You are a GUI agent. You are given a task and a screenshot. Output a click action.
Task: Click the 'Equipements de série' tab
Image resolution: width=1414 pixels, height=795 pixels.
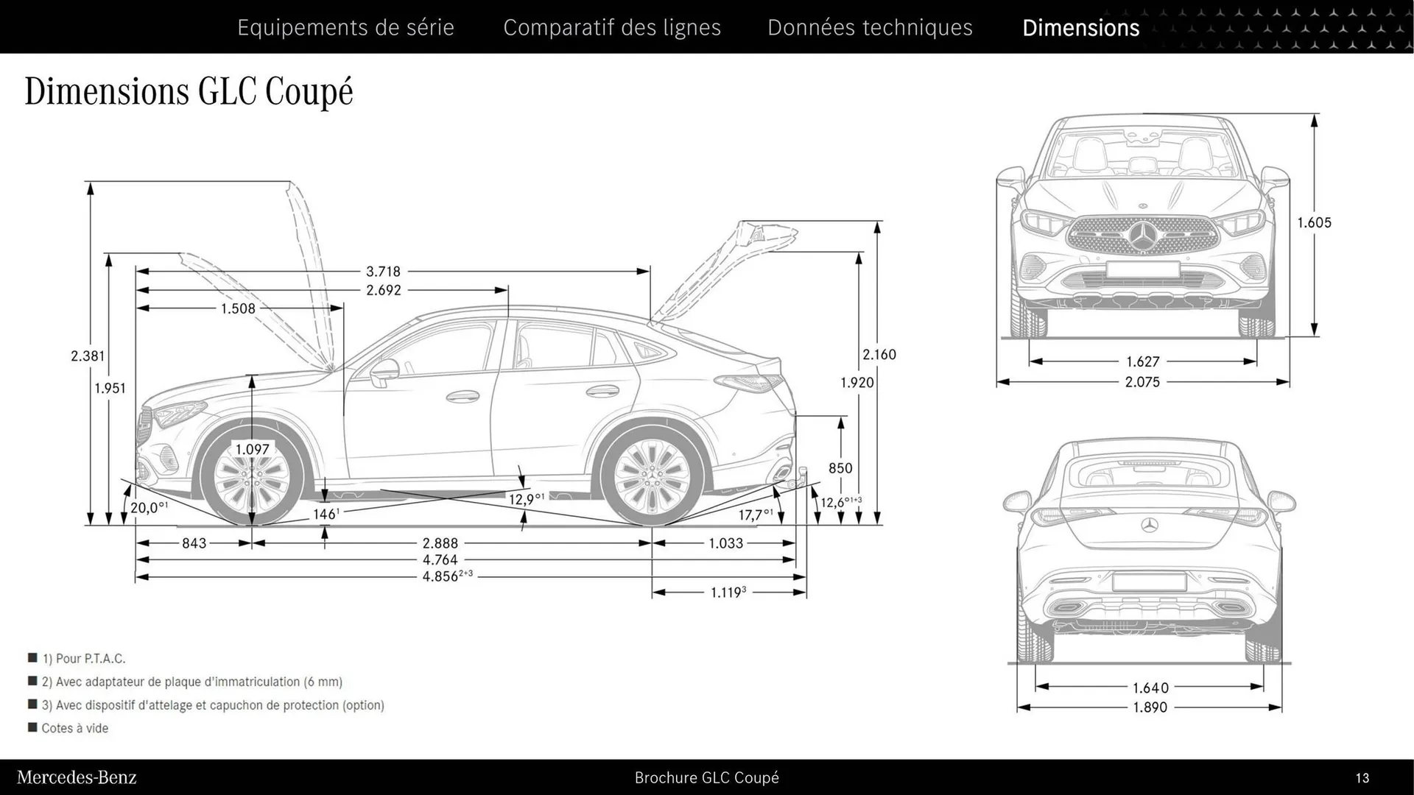coord(345,27)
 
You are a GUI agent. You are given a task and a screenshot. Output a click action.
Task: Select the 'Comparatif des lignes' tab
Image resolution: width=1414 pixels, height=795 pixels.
coord(612,27)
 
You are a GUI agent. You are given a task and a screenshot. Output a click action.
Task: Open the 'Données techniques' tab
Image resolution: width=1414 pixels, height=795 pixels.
coord(870,27)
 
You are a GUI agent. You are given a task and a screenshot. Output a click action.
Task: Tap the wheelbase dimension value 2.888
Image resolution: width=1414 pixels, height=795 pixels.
coord(440,543)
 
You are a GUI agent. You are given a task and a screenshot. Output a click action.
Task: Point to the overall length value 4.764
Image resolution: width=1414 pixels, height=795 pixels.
coord(440,560)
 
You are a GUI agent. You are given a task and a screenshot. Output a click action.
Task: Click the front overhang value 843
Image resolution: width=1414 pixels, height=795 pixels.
coord(194,543)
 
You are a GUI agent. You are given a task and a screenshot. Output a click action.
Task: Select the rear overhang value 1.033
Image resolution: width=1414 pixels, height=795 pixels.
coord(725,543)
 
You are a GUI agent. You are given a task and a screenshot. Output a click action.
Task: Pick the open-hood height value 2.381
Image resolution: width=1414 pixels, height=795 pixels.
coord(88,356)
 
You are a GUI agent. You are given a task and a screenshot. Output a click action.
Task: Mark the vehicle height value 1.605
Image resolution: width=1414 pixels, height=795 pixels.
coord(1314,222)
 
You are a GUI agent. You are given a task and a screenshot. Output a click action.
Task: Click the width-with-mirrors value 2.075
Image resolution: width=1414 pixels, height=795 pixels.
coord(1142,382)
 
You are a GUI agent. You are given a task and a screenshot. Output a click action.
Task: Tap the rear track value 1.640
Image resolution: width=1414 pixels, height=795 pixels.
coord(1150,688)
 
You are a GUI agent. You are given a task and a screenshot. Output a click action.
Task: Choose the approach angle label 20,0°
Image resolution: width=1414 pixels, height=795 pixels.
coord(149,507)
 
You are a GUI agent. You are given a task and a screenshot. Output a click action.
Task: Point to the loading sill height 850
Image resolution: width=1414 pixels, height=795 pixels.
coord(840,468)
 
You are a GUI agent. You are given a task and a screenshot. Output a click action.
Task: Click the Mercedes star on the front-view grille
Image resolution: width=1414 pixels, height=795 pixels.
coord(1143,236)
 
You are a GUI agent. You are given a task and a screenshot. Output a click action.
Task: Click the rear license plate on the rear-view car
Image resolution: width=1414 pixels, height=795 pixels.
coord(1149,582)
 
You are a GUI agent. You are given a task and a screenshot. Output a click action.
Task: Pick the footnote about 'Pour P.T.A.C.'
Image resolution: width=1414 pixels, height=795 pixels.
coord(83,659)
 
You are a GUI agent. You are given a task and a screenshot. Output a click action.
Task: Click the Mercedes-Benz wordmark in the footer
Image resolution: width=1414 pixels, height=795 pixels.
coord(77,777)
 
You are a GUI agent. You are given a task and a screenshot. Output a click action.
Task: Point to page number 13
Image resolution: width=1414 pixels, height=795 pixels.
coord(1362,778)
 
